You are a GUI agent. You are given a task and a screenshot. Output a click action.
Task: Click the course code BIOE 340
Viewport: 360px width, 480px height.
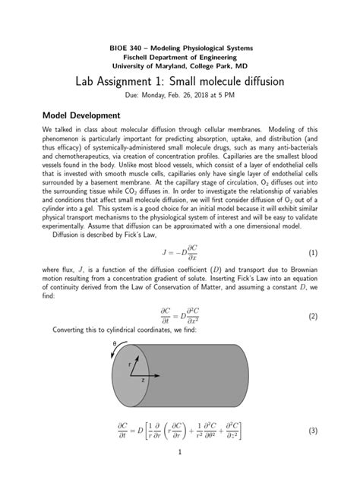tap(124, 47)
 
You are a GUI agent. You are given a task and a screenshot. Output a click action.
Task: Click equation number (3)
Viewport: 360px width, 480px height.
tap(312, 430)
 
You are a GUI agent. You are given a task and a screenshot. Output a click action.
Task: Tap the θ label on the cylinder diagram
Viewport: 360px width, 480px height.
tap(115, 344)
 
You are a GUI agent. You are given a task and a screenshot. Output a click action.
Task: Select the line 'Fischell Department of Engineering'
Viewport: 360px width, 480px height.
tap(180, 57)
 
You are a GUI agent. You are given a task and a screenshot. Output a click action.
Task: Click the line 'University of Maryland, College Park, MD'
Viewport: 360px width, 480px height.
tap(180, 66)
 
